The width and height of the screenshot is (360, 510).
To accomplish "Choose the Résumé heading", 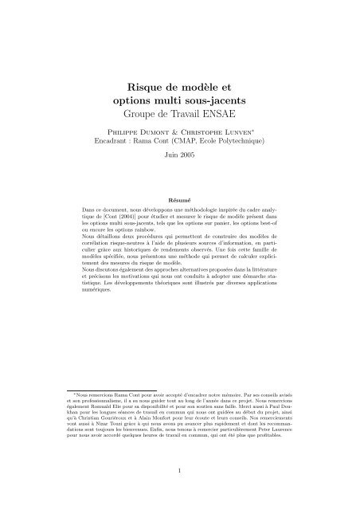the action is [x=179, y=192].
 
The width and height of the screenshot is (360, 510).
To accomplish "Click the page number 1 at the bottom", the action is [x=179, y=494].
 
